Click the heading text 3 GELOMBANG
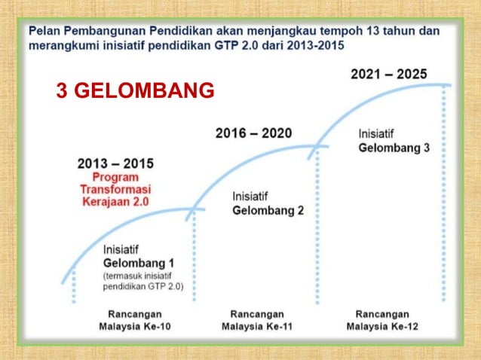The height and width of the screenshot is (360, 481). [136, 92]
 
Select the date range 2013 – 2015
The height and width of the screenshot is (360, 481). [115, 163]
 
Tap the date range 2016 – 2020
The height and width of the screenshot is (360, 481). [253, 133]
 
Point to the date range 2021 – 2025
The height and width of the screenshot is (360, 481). [389, 75]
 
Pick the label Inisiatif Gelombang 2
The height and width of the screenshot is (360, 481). [268, 203]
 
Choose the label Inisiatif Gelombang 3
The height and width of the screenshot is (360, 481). [394, 141]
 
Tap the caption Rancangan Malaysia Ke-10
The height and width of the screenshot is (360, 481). [133, 320]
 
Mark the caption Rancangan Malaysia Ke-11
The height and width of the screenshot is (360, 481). [258, 320]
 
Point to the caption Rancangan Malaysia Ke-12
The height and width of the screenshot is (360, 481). [382, 320]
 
